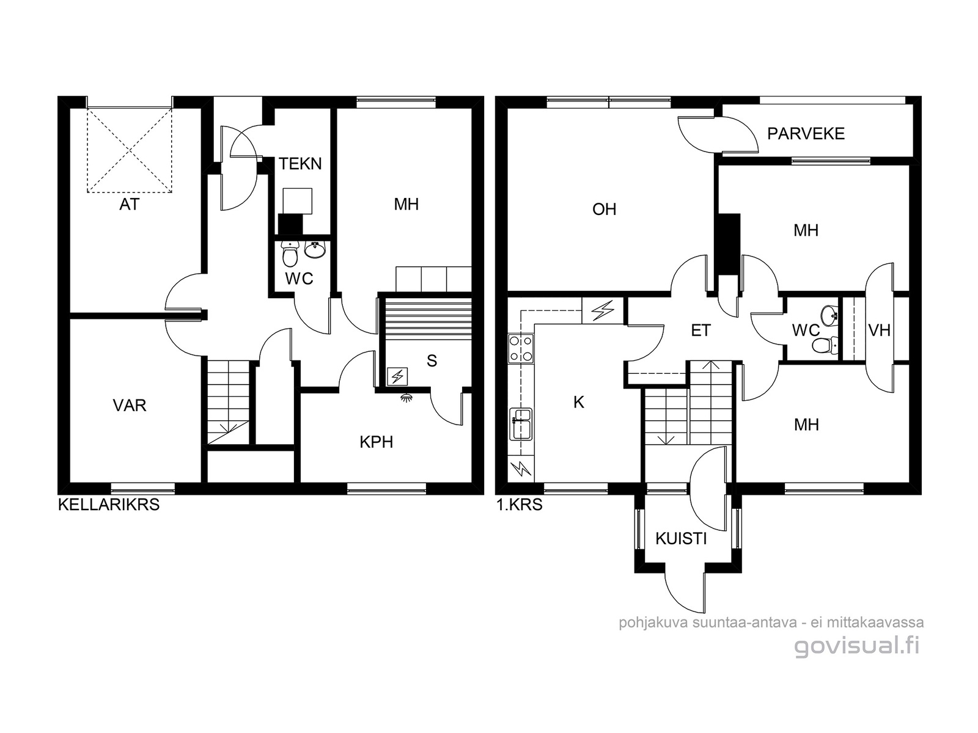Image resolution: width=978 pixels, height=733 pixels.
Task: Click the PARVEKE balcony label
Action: click(806, 134)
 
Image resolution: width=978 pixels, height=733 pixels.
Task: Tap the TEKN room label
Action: click(300, 164)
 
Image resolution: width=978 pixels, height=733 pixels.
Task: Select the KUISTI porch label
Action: click(681, 539)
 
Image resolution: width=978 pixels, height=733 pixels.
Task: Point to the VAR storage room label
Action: click(129, 406)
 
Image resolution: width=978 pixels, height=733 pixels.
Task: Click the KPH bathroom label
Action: click(376, 442)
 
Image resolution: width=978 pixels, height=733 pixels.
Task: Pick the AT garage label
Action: click(129, 204)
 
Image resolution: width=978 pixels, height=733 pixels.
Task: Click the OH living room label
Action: click(604, 209)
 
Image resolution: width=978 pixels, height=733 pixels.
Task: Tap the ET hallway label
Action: click(700, 330)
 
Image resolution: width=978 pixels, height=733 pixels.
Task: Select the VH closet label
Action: click(880, 330)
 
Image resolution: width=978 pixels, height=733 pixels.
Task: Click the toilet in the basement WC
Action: click(290, 253)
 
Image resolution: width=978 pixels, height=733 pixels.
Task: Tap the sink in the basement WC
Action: click(315, 250)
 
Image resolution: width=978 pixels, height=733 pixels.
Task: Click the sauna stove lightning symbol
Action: click(397, 376)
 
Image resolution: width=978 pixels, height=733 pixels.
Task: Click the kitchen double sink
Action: click(520, 424)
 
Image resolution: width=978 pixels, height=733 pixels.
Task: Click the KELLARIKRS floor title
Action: click(109, 505)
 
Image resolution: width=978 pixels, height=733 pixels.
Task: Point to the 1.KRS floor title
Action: click(520, 505)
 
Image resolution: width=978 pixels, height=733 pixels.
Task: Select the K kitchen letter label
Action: click(578, 403)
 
